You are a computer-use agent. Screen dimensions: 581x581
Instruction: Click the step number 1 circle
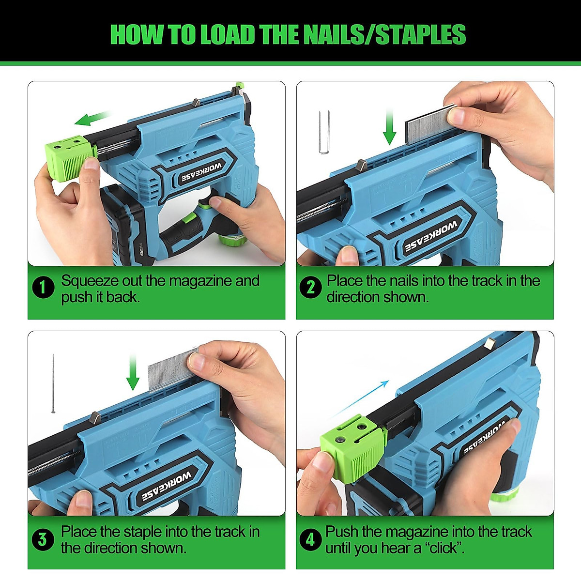point(43,288)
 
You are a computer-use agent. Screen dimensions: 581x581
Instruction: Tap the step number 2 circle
point(311,288)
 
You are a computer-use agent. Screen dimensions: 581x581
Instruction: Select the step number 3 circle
point(43,539)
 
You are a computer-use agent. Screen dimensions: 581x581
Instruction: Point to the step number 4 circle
point(310,539)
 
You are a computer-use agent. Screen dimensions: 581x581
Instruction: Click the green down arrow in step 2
point(390,128)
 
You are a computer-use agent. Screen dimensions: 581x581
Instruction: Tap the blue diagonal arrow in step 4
point(361,398)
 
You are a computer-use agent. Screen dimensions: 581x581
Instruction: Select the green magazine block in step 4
point(352,448)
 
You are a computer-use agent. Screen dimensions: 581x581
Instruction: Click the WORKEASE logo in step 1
point(201,172)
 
